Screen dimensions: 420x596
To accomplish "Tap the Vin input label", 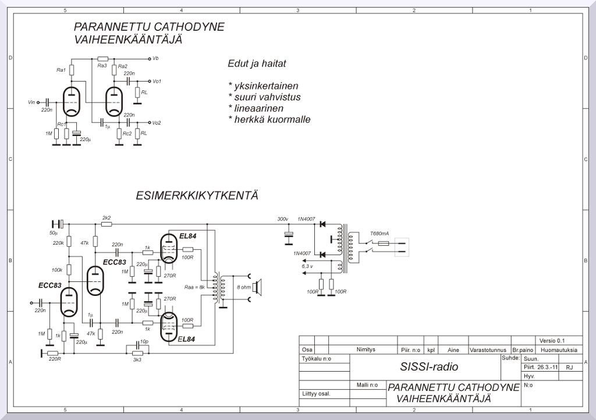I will tap(31, 102).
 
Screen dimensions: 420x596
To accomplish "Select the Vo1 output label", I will tap(156, 82).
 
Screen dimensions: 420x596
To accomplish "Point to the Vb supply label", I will tap(155, 59).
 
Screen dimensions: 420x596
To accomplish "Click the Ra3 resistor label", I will tap(102, 66).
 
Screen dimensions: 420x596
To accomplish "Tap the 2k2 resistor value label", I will tap(107, 218).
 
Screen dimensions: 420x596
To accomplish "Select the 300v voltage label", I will tap(282, 219).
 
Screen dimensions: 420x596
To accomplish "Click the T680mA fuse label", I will tap(379, 234).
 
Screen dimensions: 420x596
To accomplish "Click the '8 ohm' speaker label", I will tap(243, 287).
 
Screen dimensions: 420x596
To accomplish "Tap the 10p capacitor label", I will tap(144, 343).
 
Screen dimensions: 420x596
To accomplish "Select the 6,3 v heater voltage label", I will tap(307, 266).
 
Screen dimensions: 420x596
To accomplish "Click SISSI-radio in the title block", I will tap(429, 367).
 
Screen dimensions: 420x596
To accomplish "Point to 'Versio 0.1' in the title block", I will tap(552, 341).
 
